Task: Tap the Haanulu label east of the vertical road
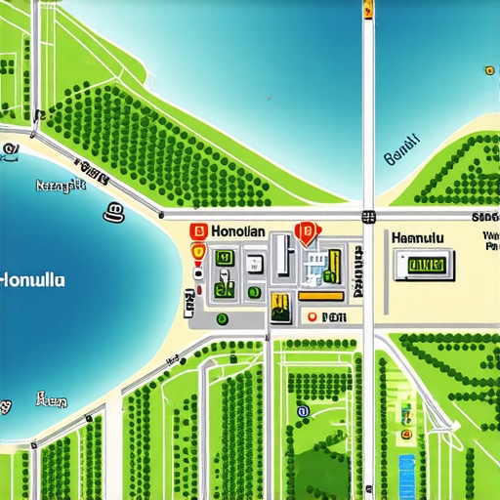click(417, 237)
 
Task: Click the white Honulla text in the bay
click(34, 278)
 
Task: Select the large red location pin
click(306, 232)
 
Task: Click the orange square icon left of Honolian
click(194, 231)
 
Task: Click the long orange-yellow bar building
click(320, 294)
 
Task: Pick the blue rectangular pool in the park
click(407, 462)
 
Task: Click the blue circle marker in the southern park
click(303, 412)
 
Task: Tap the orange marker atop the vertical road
click(368, 11)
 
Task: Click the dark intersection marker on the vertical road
click(368, 217)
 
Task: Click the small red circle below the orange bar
click(311, 317)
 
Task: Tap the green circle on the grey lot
click(222, 317)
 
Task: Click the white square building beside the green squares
click(254, 262)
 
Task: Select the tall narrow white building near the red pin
click(280, 254)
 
